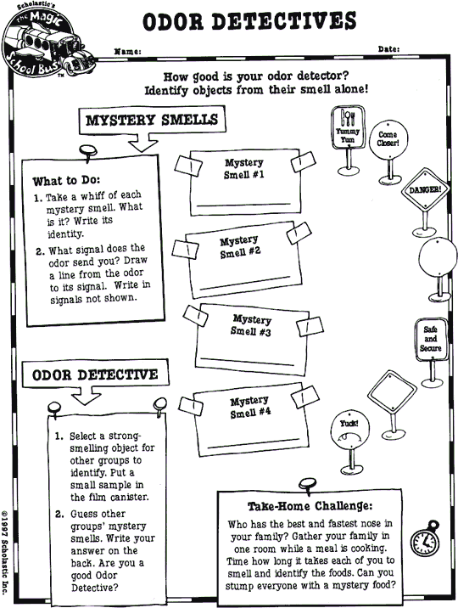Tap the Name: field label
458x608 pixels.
[127, 51]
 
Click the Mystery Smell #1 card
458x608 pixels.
[243, 182]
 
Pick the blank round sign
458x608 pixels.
[435, 254]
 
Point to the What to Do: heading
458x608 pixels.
[66, 181]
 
